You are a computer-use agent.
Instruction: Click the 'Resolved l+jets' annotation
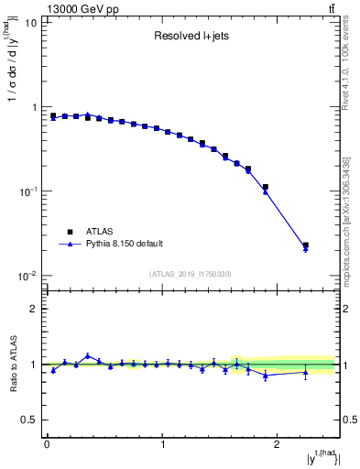click(191, 37)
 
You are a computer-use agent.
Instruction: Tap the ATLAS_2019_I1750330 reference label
click(191, 273)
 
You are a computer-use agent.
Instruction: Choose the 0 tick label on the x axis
click(47, 444)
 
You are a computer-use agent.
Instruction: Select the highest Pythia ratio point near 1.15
click(88, 356)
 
